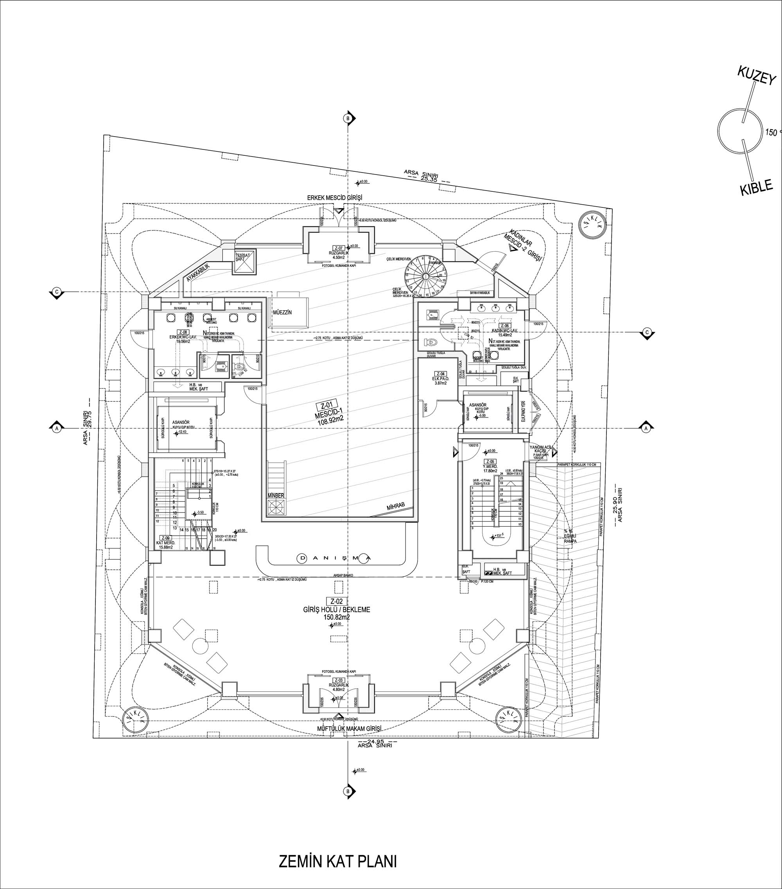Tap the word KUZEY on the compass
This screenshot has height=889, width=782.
[x=756, y=77]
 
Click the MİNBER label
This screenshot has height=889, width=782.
[x=276, y=495]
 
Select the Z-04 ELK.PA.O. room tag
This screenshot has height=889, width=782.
[x=440, y=374]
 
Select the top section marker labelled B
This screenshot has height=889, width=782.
[x=347, y=118]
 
